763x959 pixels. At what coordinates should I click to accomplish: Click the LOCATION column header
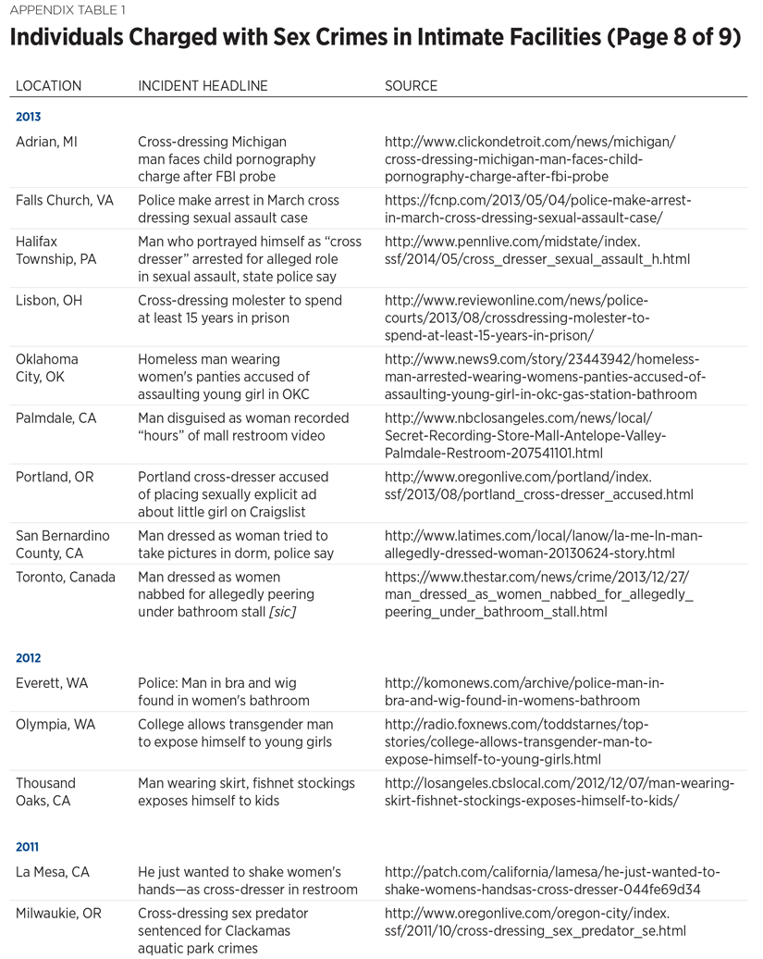pyautogui.click(x=48, y=86)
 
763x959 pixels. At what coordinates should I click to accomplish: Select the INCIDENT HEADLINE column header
pyautogui.click(x=203, y=86)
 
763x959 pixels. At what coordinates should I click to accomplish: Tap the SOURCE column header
pyautogui.click(x=411, y=86)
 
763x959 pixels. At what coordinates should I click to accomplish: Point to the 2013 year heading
pyautogui.click(x=29, y=118)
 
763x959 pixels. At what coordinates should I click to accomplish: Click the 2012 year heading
pyautogui.click(x=29, y=658)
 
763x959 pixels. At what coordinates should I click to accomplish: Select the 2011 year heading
pyautogui.click(x=28, y=847)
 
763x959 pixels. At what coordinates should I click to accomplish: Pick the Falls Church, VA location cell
pyautogui.click(x=65, y=200)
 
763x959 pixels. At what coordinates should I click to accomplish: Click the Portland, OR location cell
pyautogui.click(x=55, y=477)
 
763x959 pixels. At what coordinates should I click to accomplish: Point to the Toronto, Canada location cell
pyautogui.click(x=66, y=577)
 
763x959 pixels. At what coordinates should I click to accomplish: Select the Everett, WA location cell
pyautogui.click(x=52, y=683)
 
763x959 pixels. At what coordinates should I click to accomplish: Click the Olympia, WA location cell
pyautogui.click(x=55, y=724)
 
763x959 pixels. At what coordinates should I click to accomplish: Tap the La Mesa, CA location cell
pyautogui.click(x=53, y=872)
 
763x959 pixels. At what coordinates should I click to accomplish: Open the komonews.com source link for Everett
pyautogui.click(x=523, y=691)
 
